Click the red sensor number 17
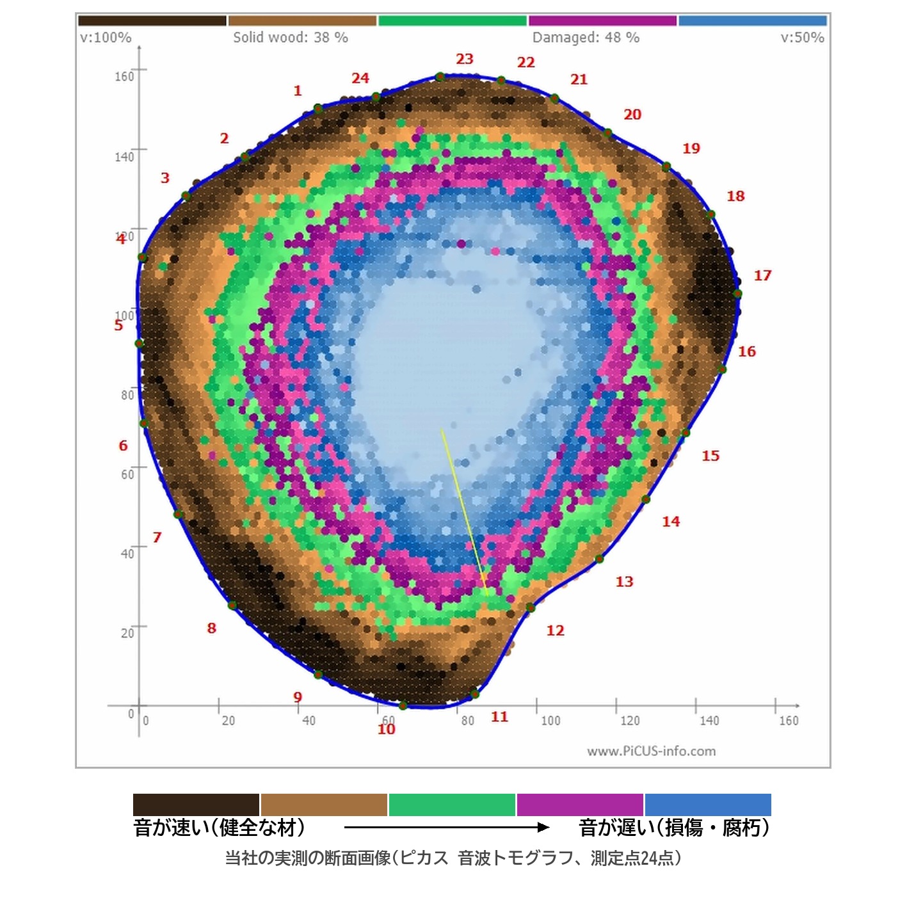762,275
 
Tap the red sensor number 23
464,59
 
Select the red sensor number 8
211,627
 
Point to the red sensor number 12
555,630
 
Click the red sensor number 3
165,177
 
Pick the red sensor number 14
671,521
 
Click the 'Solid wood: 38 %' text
291,37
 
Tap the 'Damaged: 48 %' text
586,37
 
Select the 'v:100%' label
106,37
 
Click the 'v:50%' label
802,37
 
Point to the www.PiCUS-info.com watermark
651,751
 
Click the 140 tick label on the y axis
124,157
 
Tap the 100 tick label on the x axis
550,721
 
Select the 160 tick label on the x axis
789,721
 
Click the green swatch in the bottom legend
451,805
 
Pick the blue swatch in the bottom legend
707,805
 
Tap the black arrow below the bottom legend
447,827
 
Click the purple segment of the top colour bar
602,20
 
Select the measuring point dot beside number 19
666,166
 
